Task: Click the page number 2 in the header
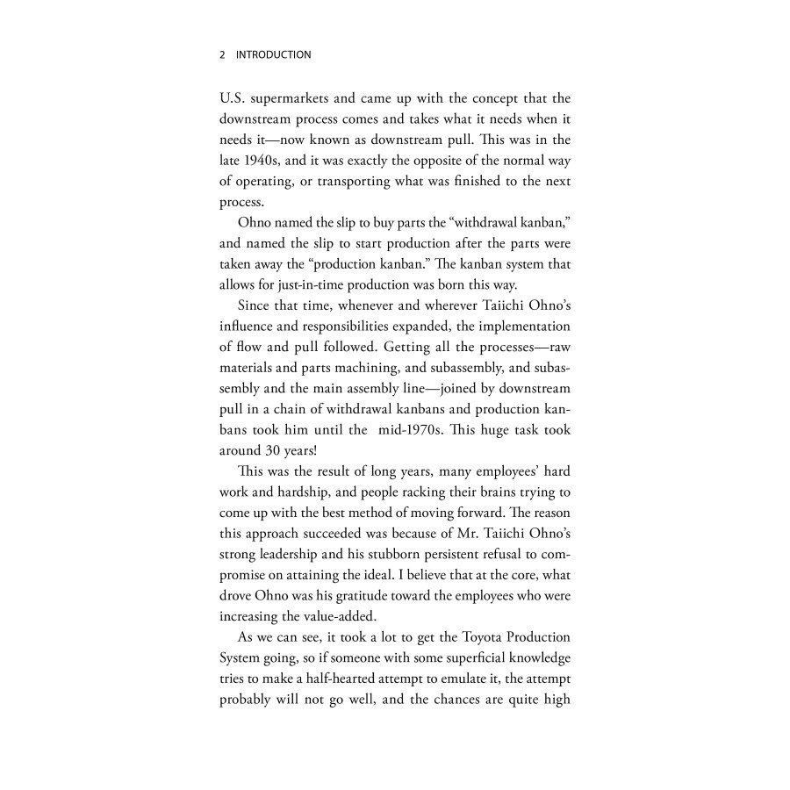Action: [222, 54]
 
